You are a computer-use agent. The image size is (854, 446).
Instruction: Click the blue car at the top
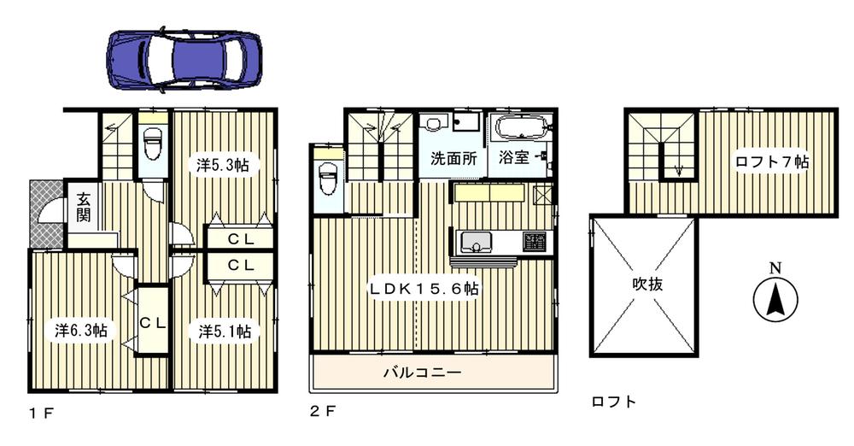point(185,59)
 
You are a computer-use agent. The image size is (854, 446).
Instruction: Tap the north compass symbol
point(775,300)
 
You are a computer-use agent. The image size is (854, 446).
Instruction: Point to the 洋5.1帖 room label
point(225,331)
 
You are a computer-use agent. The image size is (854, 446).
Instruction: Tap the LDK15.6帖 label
point(424,290)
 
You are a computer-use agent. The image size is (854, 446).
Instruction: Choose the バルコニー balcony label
point(422,373)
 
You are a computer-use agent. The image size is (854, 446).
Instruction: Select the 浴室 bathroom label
point(513,158)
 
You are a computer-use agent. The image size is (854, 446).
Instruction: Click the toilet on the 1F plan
point(153,144)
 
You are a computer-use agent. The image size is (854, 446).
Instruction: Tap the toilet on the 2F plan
point(327,182)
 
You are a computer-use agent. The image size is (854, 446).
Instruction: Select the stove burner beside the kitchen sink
point(535,241)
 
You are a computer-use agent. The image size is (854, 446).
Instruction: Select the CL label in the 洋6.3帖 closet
point(153,322)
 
